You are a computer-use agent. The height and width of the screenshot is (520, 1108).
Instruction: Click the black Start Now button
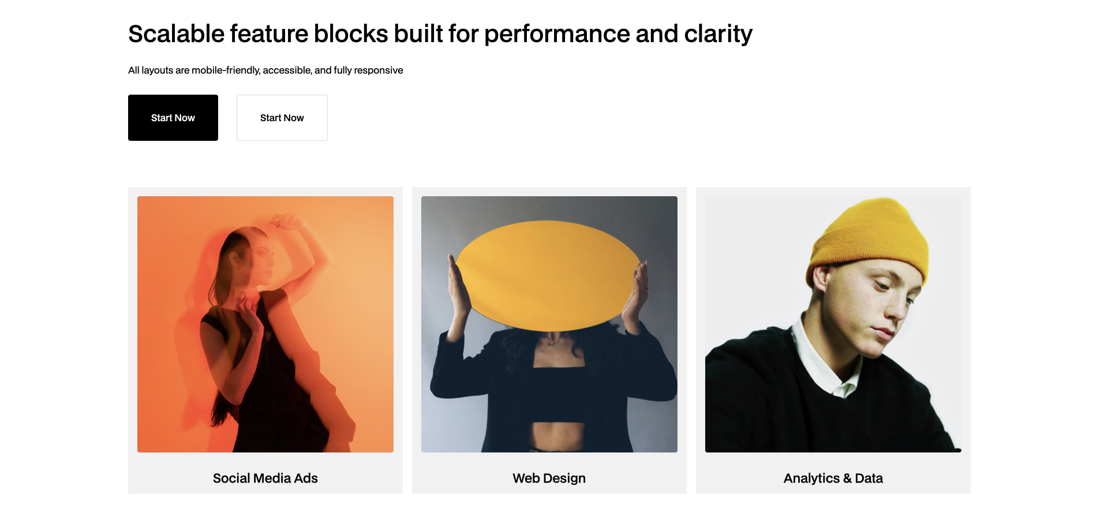[x=173, y=118]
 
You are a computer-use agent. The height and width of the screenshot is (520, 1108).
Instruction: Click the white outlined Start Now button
[x=282, y=118]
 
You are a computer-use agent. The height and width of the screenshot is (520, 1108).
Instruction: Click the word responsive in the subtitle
[x=378, y=70]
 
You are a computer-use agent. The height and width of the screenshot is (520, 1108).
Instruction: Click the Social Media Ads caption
[x=265, y=478]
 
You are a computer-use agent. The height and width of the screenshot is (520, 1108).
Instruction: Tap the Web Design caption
[x=549, y=478]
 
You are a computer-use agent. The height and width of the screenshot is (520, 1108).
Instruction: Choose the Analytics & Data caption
[x=833, y=478]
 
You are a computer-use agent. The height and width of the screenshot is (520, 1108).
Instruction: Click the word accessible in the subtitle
[x=287, y=70]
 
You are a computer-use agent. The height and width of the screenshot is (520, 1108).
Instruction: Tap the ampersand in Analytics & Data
[x=847, y=478]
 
